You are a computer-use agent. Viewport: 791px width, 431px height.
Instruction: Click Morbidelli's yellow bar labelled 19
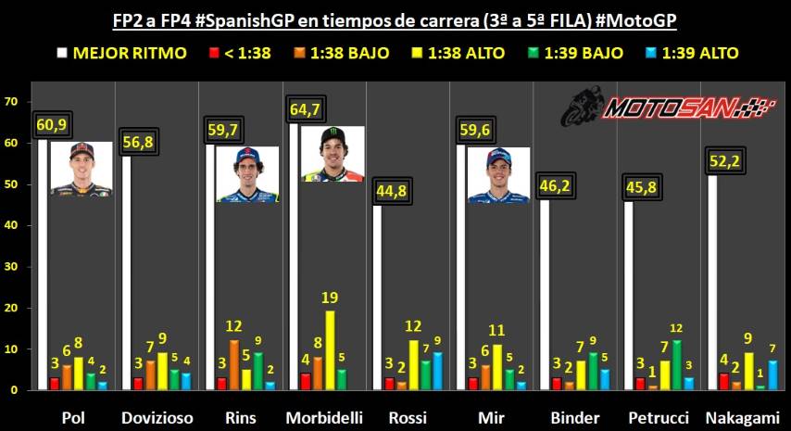tap(330, 349)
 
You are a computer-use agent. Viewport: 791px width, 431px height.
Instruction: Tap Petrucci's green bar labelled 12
tap(678, 364)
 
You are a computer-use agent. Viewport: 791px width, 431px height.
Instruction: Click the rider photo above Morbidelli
tap(332, 153)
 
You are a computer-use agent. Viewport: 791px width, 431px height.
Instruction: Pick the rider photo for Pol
tap(81, 168)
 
